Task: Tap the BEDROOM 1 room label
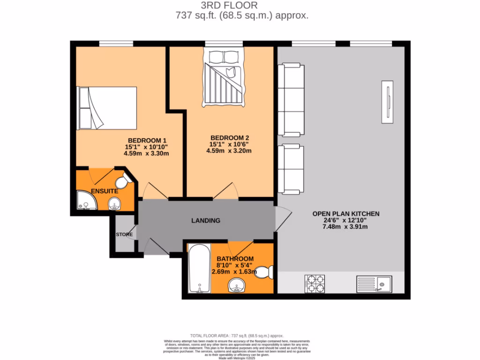147,140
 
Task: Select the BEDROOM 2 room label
230,138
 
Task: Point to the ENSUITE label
105,191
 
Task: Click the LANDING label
206,220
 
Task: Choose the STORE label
125,234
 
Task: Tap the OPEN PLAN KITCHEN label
346,214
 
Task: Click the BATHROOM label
235,259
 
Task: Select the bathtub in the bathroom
199,269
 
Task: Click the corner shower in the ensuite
86,201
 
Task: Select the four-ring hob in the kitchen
315,283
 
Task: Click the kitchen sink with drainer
374,283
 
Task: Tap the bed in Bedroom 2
225,78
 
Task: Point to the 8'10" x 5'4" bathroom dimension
234,265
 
